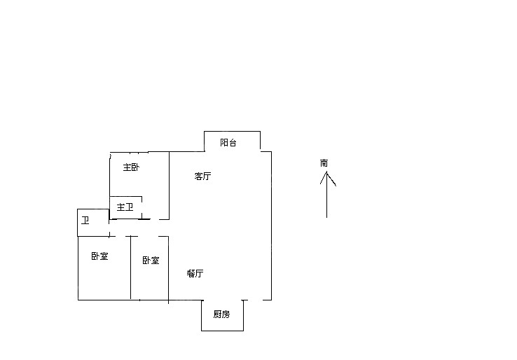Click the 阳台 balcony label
[228, 143]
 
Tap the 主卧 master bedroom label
[131, 167]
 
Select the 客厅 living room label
[202, 176]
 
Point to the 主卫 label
[125, 207]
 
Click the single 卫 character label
[85, 221]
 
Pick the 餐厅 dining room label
[195, 274]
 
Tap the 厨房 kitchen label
[221, 314]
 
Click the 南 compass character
[324, 163]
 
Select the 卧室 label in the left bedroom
[99, 256]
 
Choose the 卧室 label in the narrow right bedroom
[151, 261]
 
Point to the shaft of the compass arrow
[327, 200]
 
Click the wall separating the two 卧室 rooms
[131, 270]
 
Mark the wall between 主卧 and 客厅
[169, 186]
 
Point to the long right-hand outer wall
[271, 224]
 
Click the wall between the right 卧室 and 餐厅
[169, 270]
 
